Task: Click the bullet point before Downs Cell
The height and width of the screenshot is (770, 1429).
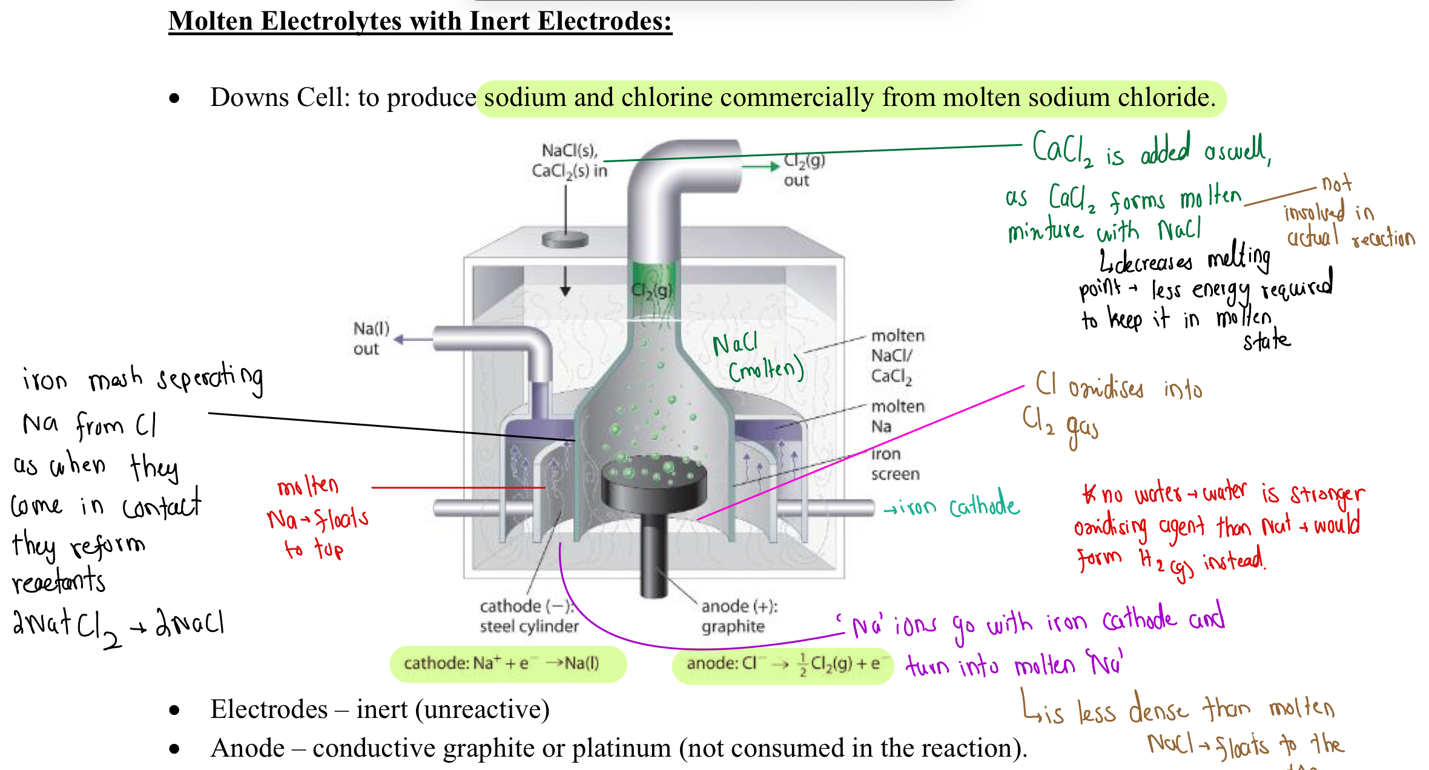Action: click(174, 98)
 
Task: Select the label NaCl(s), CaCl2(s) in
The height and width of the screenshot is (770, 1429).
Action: click(569, 160)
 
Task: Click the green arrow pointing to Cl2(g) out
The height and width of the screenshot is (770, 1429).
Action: click(760, 166)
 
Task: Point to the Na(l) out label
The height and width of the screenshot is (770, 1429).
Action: click(371, 338)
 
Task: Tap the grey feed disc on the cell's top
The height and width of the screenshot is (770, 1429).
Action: click(565, 240)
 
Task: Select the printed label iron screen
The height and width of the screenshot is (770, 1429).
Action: click(894, 464)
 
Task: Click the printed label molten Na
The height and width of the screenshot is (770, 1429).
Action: click(897, 416)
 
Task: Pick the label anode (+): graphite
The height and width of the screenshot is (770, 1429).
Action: click(739, 616)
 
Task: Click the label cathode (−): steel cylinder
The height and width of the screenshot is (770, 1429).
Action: click(529, 616)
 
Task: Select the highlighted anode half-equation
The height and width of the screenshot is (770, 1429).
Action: click(782, 664)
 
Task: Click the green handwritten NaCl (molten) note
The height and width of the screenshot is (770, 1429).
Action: click(757, 357)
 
